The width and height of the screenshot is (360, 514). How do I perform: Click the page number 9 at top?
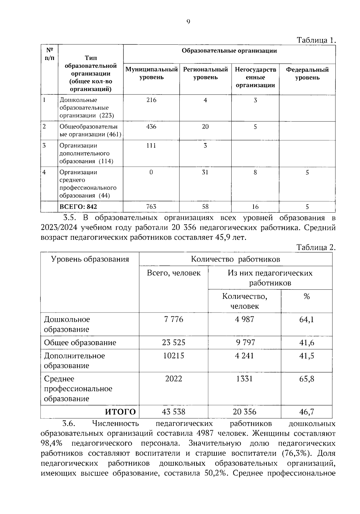tap(188, 21)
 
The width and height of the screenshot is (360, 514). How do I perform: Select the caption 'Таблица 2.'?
tap(316, 248)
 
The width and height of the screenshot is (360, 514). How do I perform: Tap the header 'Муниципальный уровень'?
tap(151, 73)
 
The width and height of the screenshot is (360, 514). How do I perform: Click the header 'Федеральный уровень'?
tap(307, 73)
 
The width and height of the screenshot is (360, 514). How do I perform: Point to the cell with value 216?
tap(151, 100)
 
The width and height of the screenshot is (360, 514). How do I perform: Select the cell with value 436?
tap(151, 127)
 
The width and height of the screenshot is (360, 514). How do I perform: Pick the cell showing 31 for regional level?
tap(205, 172)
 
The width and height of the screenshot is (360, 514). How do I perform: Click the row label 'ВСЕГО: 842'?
tap(78, 207)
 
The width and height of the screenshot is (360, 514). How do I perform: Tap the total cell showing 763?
tap(151, 207)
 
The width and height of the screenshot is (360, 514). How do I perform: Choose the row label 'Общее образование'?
tap(80, 342)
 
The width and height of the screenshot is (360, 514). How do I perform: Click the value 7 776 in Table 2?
tap(174, 319)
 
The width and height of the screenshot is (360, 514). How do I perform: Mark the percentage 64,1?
tap(307, 319)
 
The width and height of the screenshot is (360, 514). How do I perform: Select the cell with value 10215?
tap(174, 356)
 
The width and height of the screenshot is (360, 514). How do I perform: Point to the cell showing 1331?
tap(244, 379)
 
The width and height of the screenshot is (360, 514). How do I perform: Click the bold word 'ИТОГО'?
tap(120, 412)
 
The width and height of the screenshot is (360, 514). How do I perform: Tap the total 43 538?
tap(174, 412)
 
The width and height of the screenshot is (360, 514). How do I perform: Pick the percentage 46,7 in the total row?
tap(307, 412)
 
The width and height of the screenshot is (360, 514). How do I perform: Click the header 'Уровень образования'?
tap(90, 259)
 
